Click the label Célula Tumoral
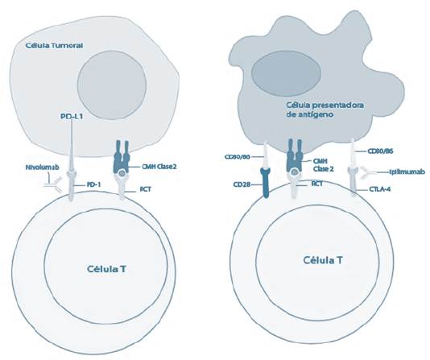pyautogui.click(x=54, y=46)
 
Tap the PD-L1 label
pyautogui.click(x=72, y=117)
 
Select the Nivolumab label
pyautogui.click(x=42, y=168)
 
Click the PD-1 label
pyautogui.click(x=93, y=184)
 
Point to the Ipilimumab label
pyautogui.click(x=407, y=172)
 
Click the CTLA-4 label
pyautogui.click(x=380, y=189)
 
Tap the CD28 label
pyautogui.click(x=242, y=184)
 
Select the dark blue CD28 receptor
pyautogui.click(x=266, y=183)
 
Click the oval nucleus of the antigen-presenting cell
pyautogui.click(x=287, y=72)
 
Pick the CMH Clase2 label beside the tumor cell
pyautogui.click(x=159, y=167)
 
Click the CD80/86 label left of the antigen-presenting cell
pyautogui.click(x=238, y=157)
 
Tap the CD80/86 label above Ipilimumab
pyautogui.click(x=380, y=151)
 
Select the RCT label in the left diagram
pyautogui.click(x=145, y=189)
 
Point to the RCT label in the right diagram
pyautogui.click(x=316, y=184)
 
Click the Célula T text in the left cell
pyautogui.click(x=106, y=269)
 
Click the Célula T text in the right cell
pyautogui.click(x=323, y=260)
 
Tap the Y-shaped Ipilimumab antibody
pyautogui.click(x=368, y=172)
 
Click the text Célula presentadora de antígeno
pyautogui.click(x=325, y=110)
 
